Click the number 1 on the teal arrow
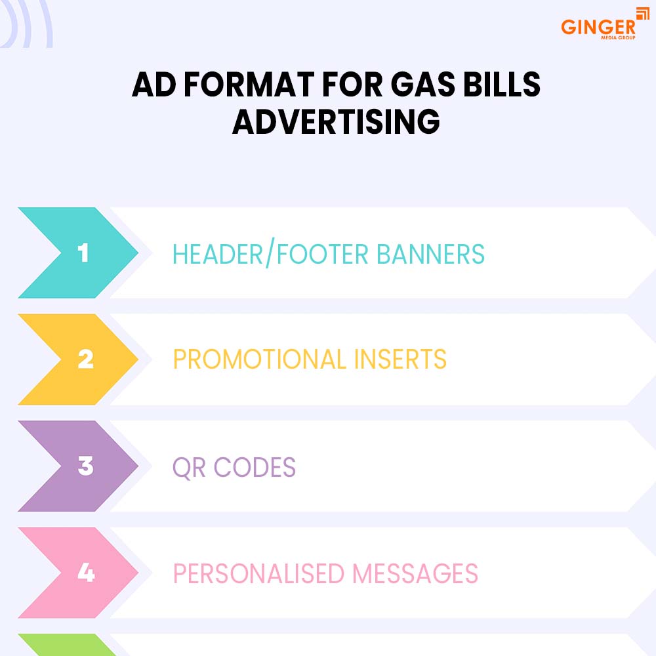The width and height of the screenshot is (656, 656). point(83,253)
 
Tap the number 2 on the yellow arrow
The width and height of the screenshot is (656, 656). point(85,359)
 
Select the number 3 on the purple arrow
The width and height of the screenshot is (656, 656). point(85,466)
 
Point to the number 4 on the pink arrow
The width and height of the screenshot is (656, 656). point(86,573)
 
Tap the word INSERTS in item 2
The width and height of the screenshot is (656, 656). point(403,359)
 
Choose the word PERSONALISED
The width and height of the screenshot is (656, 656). point(258,573)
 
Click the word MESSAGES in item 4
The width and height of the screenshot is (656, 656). point(415,573)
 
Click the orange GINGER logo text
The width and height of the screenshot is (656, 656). point(597,27)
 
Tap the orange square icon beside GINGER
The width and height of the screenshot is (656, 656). point(642,14)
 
